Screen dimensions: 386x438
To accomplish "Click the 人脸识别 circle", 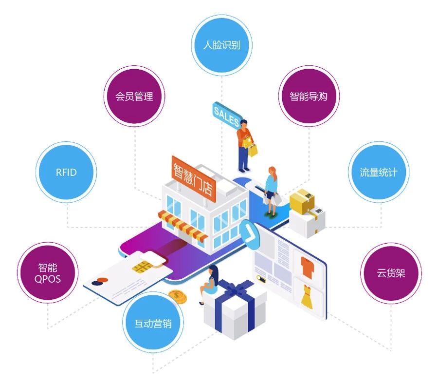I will [221, 45].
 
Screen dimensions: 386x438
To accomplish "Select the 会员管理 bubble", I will [134, 96].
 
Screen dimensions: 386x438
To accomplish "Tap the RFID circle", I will [66, 172].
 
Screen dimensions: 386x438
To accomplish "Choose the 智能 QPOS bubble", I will [47, 273].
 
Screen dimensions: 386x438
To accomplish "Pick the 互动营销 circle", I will [153, 323].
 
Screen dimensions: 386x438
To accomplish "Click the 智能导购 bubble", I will [309, 96].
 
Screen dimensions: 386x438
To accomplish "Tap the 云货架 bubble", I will [391, 273].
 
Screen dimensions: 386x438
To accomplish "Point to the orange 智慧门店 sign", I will [193, 177].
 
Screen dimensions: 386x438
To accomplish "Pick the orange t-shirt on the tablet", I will [307, 266].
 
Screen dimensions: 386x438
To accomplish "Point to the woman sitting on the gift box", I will [211, 284].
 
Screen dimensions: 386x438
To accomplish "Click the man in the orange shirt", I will [244, 144].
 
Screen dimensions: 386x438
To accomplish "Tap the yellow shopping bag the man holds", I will [253, 150].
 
